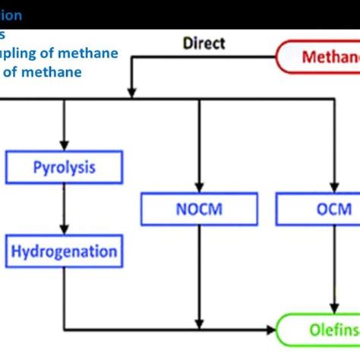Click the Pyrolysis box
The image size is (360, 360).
65,167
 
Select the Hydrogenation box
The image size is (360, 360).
65,251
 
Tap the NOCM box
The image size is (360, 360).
198,208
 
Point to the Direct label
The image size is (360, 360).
204,43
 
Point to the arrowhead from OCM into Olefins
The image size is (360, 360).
331,308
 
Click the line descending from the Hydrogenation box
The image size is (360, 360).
65,296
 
